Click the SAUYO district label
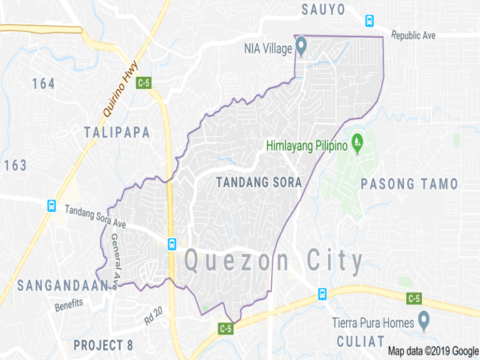323,9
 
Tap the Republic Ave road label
413,36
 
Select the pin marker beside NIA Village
301,45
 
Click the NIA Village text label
269,47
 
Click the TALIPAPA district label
117,132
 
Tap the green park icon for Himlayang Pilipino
357,144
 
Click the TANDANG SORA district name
259,182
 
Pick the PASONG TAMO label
409,184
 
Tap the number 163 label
15,166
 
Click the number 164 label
44,83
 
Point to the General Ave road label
116,256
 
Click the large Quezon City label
274,261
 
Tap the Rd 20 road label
154,317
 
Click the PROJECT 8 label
103,345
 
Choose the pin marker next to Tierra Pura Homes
424,321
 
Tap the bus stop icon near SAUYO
369,21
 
